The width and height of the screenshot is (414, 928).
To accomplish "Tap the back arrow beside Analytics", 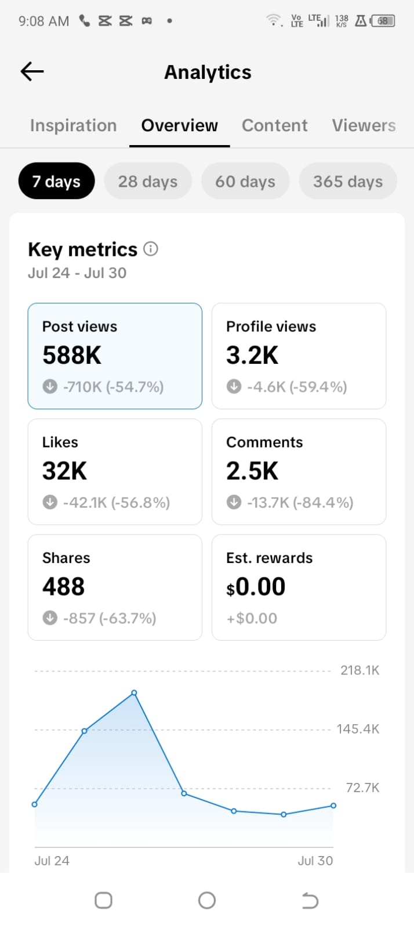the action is coord(32,71).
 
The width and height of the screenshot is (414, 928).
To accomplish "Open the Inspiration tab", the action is coord(73,125).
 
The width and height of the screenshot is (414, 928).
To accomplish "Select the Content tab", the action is coord(274,125).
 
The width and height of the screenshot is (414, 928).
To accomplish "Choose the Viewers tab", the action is coord(364,125).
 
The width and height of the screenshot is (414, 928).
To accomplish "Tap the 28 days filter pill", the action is coord(148,181).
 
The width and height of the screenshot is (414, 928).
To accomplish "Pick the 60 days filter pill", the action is coord(245,181).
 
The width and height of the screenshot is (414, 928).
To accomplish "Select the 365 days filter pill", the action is coord(348,181).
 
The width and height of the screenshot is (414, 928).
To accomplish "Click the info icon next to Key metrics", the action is coord(151,249).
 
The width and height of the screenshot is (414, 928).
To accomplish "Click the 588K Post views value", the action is coord(72,355).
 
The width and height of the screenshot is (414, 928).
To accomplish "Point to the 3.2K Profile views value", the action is coord(252,355).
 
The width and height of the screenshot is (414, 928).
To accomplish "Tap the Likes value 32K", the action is coord(64,471).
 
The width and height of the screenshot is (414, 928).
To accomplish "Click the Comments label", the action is coord(264,442).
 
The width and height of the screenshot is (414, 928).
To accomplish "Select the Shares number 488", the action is coord(63,586).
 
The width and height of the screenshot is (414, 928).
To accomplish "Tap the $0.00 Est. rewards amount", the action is coord(256,586).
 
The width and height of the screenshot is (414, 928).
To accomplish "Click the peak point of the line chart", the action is coord(134,693).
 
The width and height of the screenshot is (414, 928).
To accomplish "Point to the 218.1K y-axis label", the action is coord(359,670).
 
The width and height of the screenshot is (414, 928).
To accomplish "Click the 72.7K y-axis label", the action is coord(362,788).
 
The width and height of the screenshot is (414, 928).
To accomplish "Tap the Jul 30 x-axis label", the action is coord(315,861).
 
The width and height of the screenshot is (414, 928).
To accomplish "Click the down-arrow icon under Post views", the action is coord(50,387).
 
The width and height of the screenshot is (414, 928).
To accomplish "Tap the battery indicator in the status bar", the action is coord(383,21).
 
